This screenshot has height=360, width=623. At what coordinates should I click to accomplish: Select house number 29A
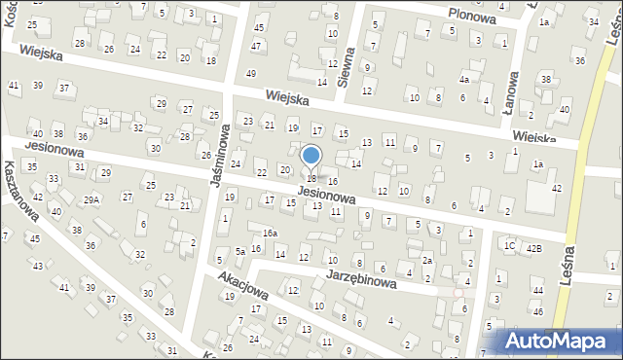91,199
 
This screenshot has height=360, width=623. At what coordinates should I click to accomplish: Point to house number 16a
270,234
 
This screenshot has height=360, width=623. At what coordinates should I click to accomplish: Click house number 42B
534,248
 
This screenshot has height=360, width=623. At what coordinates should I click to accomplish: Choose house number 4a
465,79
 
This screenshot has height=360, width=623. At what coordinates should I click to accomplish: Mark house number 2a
426,260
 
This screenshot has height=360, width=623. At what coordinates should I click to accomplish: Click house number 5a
239,251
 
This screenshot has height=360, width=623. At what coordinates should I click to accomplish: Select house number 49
251,74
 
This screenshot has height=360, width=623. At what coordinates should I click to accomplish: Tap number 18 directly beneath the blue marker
311,178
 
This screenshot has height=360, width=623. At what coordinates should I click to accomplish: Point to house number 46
538,312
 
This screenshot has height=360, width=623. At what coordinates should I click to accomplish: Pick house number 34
102,122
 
